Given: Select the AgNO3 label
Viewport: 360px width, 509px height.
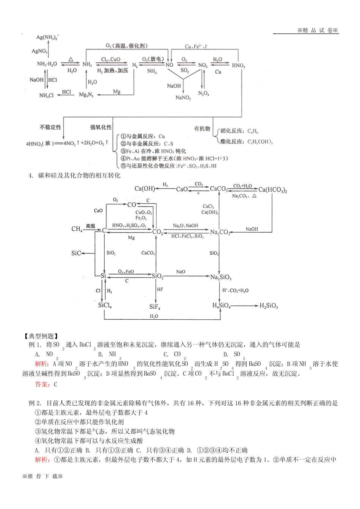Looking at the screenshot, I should pos(40,51).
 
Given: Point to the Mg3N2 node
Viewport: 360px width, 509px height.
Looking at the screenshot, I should pos(86,94).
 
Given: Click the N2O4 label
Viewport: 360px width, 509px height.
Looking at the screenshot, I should pos(204,94).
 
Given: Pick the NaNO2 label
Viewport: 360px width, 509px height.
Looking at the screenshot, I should pos(183,98).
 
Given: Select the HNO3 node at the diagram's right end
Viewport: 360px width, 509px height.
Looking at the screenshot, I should pos(238,65).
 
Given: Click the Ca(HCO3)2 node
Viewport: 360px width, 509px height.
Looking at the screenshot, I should pos(272,189).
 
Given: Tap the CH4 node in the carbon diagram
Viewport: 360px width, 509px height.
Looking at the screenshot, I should pos(77,229).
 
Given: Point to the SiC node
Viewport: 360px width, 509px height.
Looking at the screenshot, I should pos(76,253).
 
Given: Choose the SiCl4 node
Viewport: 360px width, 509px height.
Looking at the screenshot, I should pos(105,305).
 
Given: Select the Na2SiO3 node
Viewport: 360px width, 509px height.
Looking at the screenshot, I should pos(221,277).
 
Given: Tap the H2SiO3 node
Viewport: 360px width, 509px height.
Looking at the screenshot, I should pos(269,306).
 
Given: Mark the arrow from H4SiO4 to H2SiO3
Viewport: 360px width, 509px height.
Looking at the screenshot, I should pos(244,305).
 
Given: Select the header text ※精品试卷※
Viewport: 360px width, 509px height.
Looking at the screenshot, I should pos(317,30).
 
